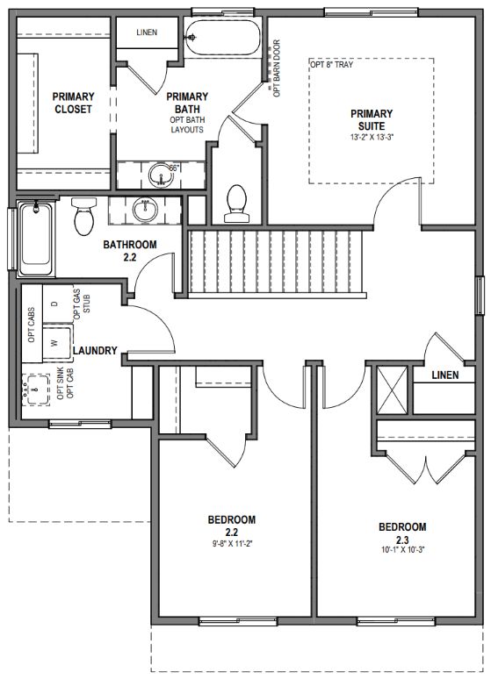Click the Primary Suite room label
(x=372, y=120)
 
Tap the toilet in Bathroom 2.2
(x=83, y=216)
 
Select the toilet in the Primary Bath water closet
(x=236, y=204)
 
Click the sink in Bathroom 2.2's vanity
(x=145, y=210)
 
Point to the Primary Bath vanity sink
(x=161, y=175)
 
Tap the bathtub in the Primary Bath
(x=223, y=37)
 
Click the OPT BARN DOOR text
(x=277, y=68)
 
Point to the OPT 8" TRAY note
(x=332, y=65)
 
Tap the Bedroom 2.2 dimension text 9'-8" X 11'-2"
(x=233, y=543)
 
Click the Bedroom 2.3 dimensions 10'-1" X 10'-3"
(x=402, y=550)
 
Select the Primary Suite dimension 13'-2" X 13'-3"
(x=372, y=137)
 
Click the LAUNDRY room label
(x=95, y=350)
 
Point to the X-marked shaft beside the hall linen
(x=392, y=390)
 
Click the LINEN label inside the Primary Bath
(x=147, y=32)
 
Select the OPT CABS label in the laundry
(x=32, y=325)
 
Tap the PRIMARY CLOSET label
(x=73, y=103)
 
